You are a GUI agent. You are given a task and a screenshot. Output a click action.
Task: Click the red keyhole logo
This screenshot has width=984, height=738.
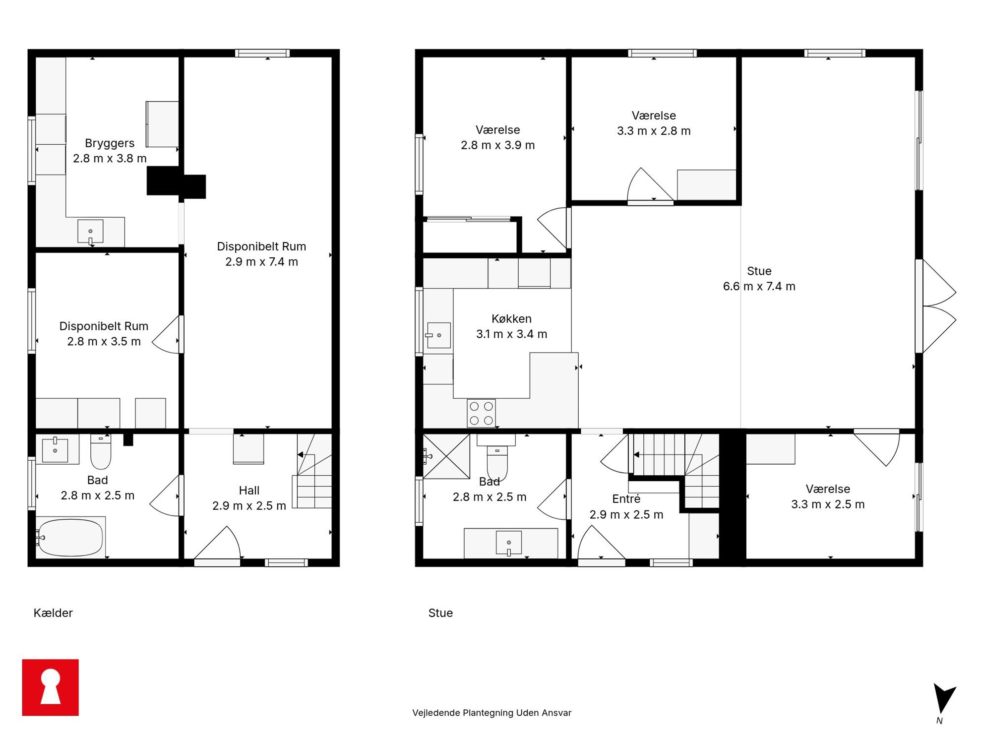50,687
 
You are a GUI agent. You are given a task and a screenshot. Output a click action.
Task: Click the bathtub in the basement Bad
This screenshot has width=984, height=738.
70,538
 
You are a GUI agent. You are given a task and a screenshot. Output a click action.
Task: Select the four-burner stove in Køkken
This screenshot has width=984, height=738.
481,413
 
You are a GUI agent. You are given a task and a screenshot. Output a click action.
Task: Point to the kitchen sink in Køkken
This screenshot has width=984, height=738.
438,335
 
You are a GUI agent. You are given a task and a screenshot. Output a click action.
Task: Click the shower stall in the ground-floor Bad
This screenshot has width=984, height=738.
446,456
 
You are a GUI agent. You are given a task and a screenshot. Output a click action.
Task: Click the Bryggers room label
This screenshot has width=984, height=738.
110,143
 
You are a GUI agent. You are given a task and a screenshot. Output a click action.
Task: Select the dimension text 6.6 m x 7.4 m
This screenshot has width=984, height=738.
759,286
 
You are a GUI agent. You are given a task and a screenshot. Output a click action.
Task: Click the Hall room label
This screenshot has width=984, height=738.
249,491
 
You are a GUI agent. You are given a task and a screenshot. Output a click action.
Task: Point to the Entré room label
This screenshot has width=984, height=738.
626,499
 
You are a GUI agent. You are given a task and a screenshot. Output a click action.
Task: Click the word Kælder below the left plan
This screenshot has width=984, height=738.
53,613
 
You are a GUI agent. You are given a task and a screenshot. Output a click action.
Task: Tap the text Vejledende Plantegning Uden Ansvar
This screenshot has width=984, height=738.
492,713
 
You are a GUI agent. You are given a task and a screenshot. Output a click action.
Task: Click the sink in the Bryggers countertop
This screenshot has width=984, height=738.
90,232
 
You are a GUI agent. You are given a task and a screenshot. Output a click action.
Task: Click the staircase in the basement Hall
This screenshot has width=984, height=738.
312,471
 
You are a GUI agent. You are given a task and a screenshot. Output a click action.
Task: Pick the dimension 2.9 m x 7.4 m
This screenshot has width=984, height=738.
261,262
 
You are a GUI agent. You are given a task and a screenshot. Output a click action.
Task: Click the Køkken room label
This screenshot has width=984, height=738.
511,319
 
